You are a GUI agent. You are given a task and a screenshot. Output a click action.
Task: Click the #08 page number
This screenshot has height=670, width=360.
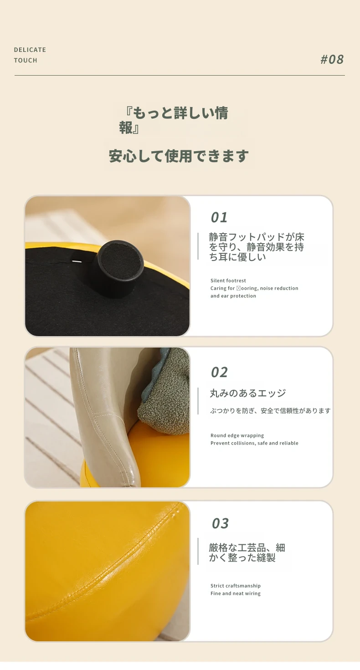click(332, 60)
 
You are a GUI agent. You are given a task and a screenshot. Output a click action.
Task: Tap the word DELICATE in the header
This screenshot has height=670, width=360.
click(30, 50)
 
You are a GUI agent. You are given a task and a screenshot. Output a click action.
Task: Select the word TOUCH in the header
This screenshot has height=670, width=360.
click(26, 61)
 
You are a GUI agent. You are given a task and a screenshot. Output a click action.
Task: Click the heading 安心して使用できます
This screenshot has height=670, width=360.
click(179, 156)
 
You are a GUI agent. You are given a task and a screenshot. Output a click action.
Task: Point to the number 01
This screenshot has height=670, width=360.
click(219, 217)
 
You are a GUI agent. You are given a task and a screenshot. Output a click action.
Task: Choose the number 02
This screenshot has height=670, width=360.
click(219, 373)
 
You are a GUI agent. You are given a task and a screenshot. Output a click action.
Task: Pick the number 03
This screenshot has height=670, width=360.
click(220, 523)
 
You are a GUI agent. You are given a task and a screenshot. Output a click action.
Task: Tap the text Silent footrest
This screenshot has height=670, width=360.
click(228, 281)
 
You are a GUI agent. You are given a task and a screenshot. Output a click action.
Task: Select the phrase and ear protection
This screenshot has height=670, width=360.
click(233, 296)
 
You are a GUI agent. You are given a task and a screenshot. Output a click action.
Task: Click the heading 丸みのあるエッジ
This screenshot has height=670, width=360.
click(248, 393)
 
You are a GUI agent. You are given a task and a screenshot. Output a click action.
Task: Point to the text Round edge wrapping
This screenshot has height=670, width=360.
click(237, 435)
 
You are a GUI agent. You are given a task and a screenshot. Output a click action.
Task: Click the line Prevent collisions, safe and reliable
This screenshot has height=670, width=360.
click(254, 443)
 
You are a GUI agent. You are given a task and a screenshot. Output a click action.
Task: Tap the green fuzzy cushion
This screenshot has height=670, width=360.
click(165, 392)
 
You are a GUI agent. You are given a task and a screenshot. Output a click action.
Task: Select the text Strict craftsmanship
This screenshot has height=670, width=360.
click(236, 586)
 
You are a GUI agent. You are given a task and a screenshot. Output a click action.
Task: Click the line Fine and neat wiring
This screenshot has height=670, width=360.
click(236, 593)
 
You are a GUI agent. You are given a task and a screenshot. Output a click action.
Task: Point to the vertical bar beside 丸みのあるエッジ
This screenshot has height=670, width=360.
click(198, 401)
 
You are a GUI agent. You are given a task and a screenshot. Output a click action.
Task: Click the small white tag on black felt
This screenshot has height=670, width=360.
click(77, 261)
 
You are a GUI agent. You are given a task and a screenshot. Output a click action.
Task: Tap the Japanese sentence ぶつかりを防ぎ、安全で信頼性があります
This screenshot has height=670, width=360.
click(270, 411)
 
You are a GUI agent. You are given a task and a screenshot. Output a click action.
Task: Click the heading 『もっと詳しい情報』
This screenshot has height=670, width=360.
click(174, 120)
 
